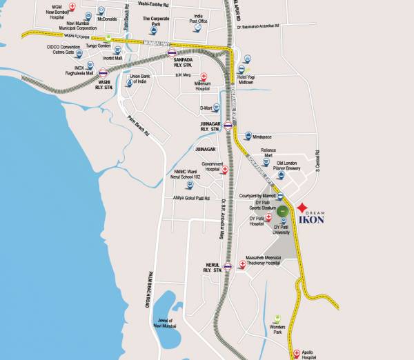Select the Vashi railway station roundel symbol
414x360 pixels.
pyautogui.click(x=103, y=72)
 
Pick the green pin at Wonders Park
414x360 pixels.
pyautogui.click(x=277, y=318)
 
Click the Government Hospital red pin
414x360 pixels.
pyautogui.click(x=224, y=168)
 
